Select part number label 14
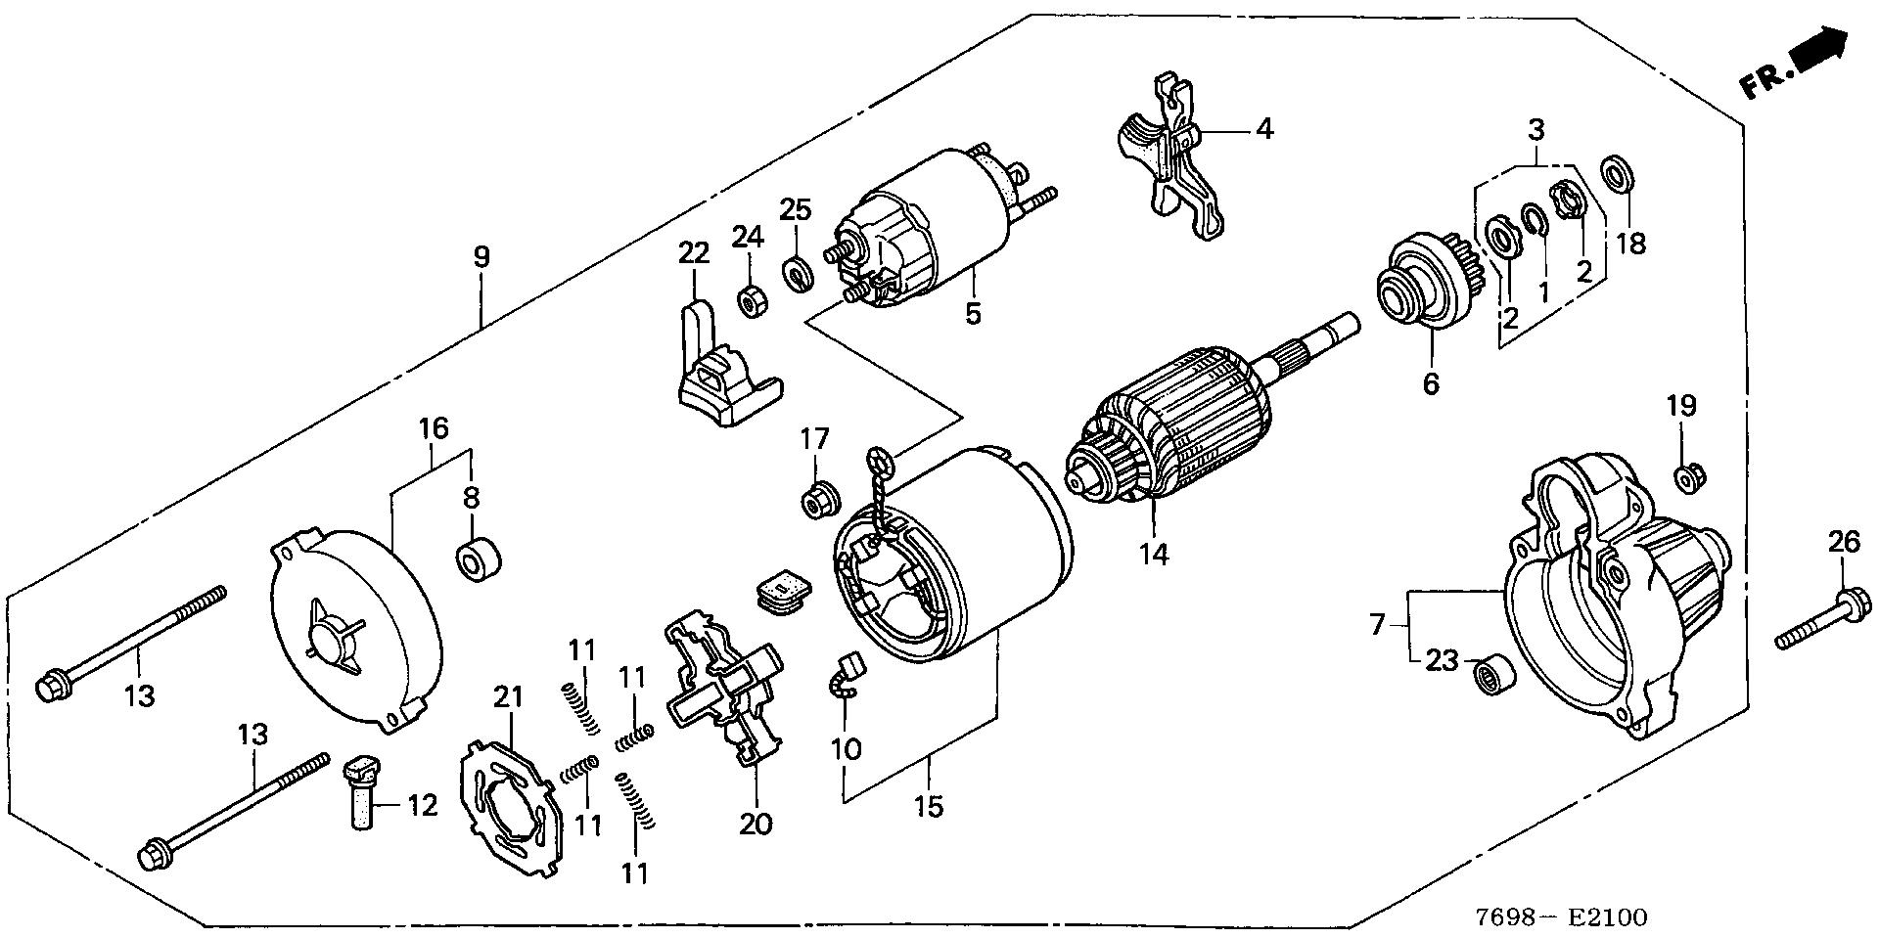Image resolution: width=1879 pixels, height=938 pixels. [1153, 555]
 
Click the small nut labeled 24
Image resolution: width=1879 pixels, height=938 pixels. [751, 301]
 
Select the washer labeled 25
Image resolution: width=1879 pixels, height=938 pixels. [798, 274]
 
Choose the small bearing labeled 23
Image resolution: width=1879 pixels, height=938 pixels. [1493, 674]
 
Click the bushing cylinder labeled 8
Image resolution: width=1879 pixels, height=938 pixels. [479, 558]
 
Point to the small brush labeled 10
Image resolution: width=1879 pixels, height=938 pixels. [844, 676]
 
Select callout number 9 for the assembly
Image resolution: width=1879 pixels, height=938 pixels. [481, 257]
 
